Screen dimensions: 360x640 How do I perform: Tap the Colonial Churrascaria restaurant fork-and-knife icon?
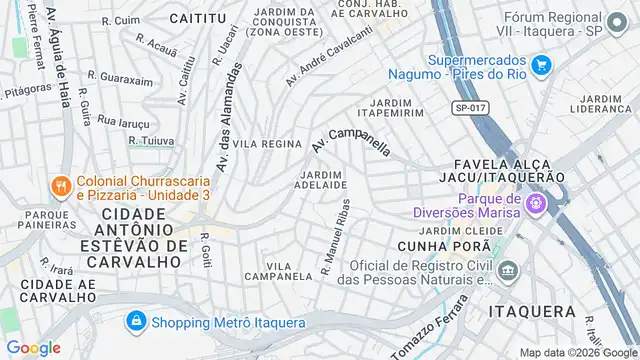60,184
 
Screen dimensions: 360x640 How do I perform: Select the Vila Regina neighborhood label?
267,144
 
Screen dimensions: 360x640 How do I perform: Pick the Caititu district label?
197,19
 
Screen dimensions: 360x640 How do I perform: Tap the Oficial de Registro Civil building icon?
508,270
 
